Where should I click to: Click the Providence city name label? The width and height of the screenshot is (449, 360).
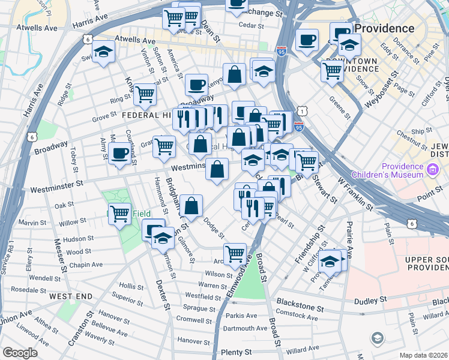tap(384, 28)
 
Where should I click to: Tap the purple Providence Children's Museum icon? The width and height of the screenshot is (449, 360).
tap(431, 171)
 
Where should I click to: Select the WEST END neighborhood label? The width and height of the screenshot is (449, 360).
tap(71, 296)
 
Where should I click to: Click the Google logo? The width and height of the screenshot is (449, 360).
tap(20, 353)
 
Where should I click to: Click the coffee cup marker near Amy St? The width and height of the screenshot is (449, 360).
tap(120, 154)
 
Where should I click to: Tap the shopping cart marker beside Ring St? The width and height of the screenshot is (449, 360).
tap(145, 94)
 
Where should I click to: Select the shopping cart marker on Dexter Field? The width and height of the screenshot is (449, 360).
tap(120, 213)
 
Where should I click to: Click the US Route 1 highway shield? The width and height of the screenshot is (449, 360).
tap(304, 112)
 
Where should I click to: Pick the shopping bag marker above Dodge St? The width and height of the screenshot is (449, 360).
tap(191, 206)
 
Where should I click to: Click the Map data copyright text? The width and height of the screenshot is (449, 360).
tap(423, 355)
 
